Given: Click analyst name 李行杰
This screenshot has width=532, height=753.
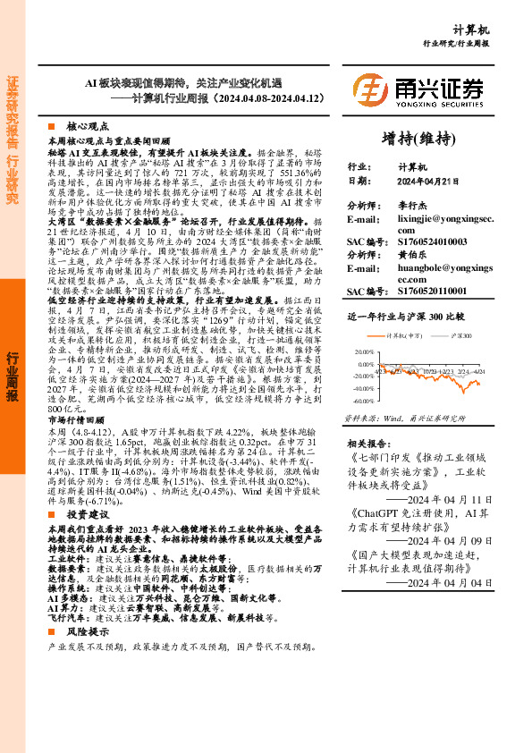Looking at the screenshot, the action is (x=412, y=205).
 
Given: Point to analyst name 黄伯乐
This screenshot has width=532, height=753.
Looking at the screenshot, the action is (x=412, y=255).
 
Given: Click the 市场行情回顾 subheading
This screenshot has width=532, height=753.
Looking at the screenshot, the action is (x=75, y=419).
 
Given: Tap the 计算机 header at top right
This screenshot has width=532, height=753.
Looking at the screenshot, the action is (x=494, y=29).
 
